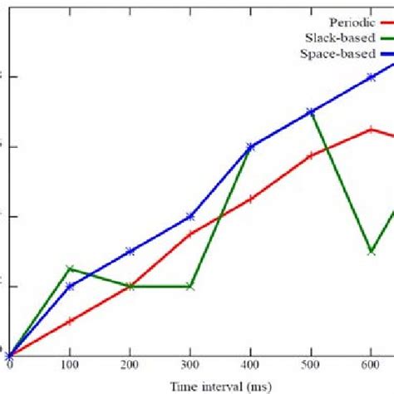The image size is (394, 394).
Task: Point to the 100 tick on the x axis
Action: click(70, 366)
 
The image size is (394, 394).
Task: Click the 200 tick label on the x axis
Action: click(130, 366)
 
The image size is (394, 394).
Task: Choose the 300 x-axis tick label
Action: click(190, 366)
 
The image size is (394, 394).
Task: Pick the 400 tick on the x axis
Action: click(250, 366)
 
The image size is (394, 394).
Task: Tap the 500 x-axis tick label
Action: click(311, 366)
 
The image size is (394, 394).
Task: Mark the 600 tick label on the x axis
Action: click(371, 366)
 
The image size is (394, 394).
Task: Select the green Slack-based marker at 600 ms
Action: click(371, 251)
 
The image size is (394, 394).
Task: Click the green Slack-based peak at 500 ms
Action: click(311, 111)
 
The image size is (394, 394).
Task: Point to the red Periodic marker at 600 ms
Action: click(371, 129)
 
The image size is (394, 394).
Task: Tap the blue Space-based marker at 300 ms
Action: click(190, 216)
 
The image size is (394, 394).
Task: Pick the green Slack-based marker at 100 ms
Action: click(70, 268)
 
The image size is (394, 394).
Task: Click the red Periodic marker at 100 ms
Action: click(70, 321)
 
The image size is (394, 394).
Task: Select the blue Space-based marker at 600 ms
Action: click(371, 76)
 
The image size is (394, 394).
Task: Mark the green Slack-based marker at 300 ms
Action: click(190, 286)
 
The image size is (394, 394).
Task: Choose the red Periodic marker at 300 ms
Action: click(190, 234)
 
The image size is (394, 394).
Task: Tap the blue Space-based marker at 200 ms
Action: click(130, 251)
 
